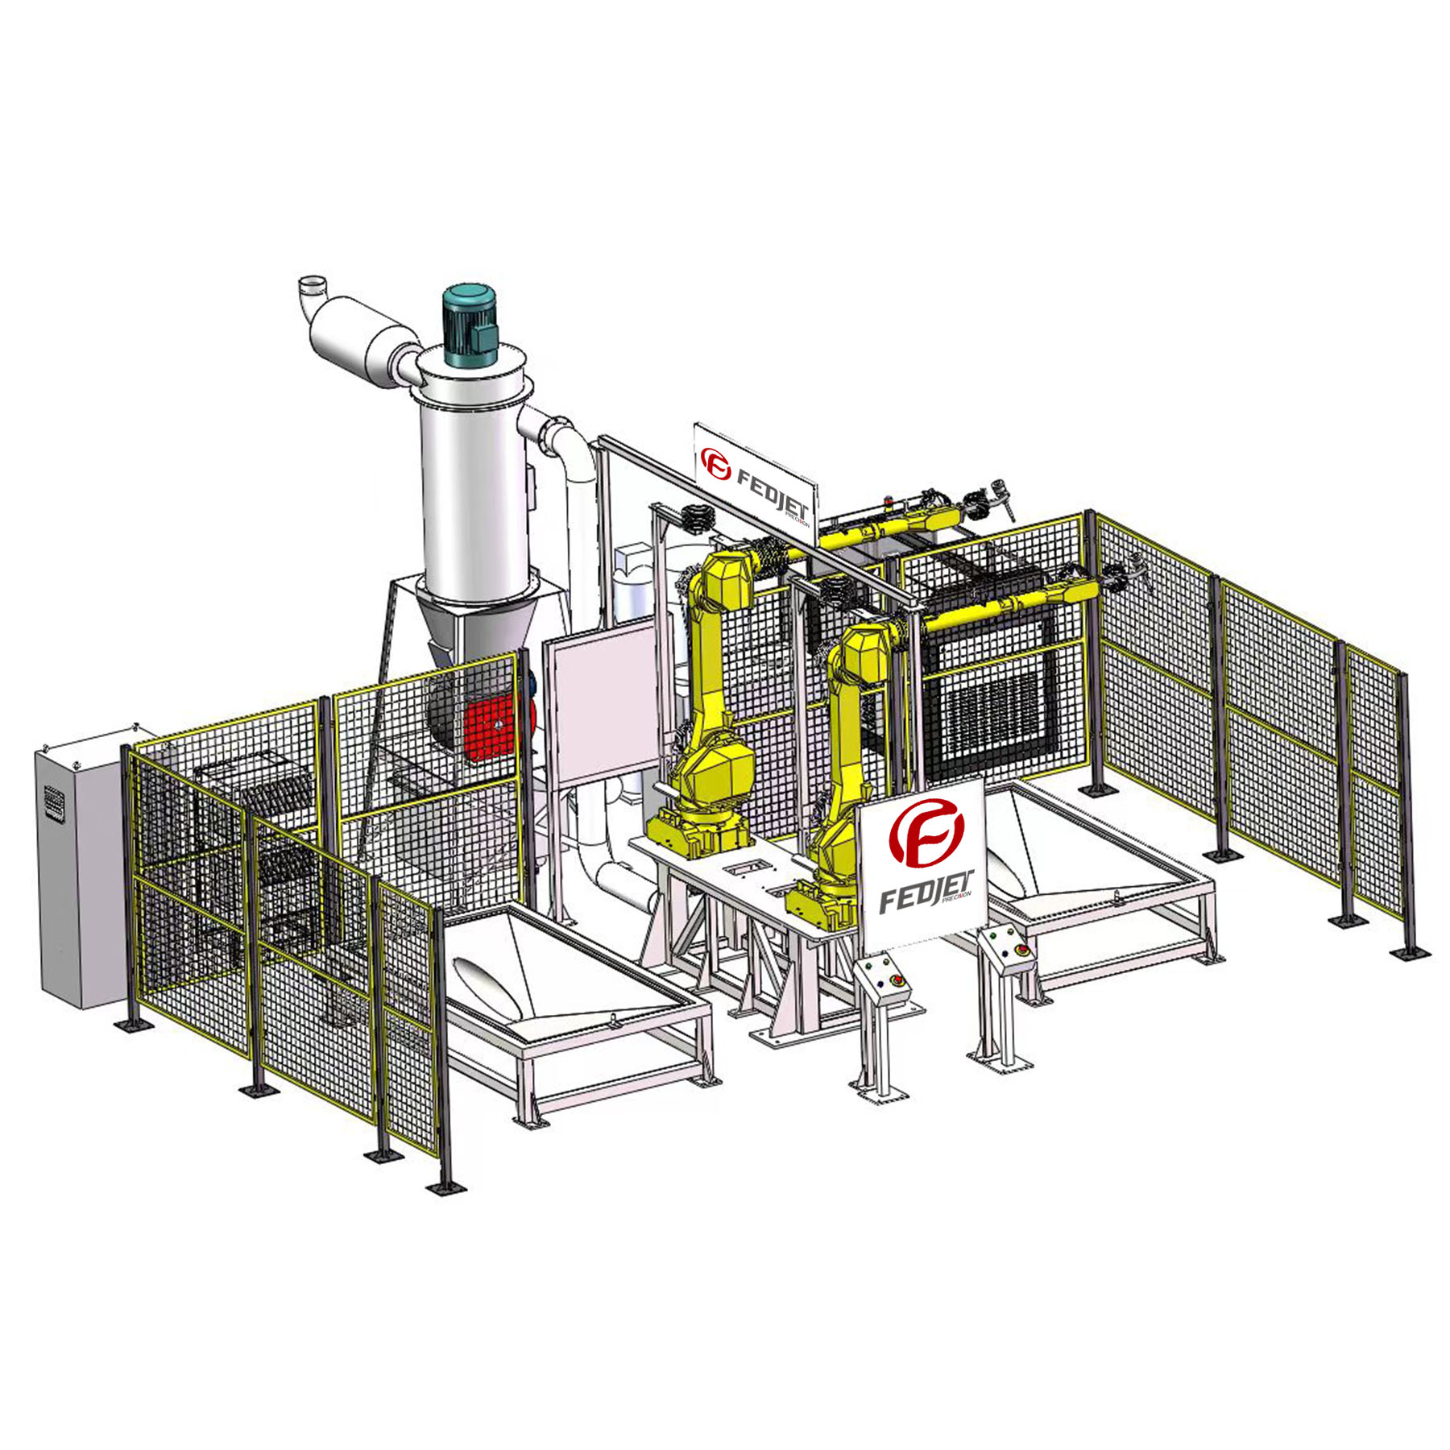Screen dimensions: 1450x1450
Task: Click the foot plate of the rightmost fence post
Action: tap(1410, 954)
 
